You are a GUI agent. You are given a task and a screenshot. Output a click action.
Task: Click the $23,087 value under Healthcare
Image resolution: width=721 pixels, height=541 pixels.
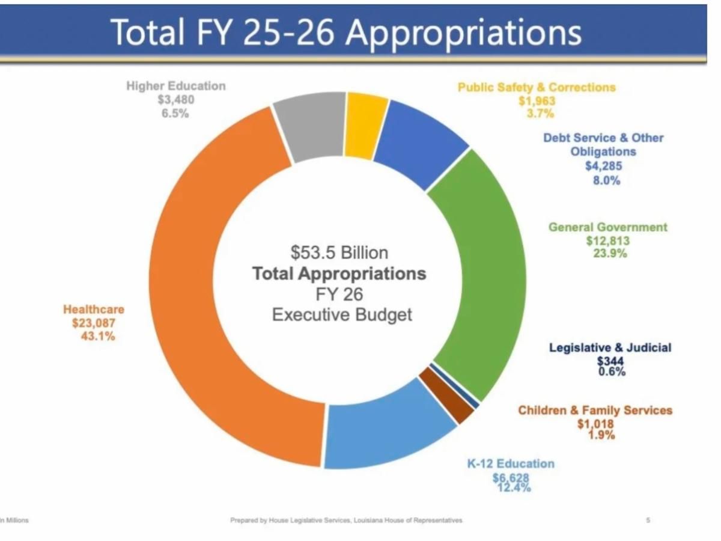click(x=93, y=323)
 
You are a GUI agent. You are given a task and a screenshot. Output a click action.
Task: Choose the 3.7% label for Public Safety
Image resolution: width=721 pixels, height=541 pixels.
click(x=537, y=114)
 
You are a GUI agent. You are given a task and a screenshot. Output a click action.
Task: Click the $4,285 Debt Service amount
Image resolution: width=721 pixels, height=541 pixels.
click(x=603, y=167)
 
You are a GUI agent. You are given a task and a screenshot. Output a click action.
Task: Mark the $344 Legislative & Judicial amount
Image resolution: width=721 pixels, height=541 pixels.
click(x=610, y=361)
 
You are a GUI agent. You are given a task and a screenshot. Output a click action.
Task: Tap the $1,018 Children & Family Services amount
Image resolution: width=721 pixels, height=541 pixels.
click(x=595, y=424)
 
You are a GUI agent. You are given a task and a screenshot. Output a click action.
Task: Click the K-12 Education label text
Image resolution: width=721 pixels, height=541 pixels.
click(x=511, y=463)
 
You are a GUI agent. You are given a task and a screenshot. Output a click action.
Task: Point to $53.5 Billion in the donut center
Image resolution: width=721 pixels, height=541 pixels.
click(x=339, y=252)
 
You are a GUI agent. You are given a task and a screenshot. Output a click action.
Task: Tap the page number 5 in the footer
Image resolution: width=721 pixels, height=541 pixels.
click(x=648, y=520)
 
